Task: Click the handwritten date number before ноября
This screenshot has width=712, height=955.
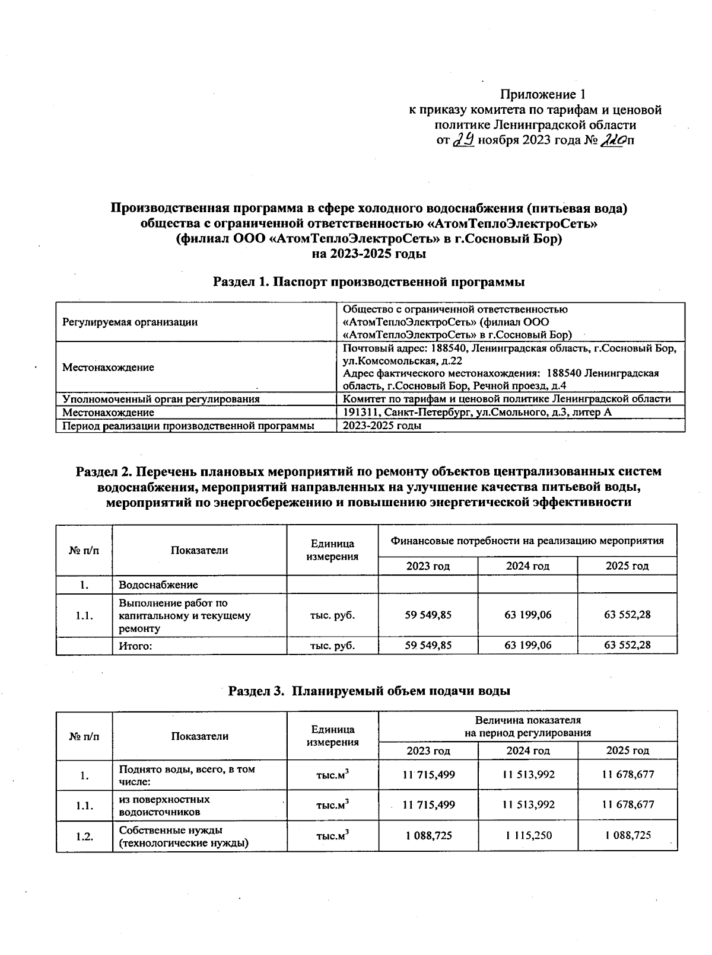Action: [463, 140]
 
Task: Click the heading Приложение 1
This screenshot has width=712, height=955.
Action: [543, 94]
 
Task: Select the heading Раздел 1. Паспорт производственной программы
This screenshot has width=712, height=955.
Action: [368, 282]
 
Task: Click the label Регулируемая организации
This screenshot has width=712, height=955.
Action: [130, 322]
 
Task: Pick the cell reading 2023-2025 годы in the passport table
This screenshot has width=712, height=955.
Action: [383, 426]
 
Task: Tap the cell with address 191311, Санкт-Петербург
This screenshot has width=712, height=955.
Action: [477, 413]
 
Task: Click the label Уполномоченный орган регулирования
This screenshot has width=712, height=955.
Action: [161, 399]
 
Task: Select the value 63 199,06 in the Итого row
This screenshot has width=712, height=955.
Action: [527, 646]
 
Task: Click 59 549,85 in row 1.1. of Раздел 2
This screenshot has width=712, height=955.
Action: [428, 615]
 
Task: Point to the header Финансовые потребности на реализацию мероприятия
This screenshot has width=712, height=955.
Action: [527, 541]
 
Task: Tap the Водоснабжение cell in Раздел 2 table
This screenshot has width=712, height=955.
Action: [158, 585]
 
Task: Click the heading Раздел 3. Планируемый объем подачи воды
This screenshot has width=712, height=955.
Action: [370, 691]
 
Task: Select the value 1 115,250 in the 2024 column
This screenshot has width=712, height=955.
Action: [527, 836]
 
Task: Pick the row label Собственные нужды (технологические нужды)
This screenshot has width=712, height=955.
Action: [183, 836]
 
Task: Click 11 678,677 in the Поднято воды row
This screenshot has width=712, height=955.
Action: [627, 775]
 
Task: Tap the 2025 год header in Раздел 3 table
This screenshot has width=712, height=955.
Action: [627, 750]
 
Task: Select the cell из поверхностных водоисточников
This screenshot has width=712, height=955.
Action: [164, 805]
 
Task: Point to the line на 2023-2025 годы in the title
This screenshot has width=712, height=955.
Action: [368, 254]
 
